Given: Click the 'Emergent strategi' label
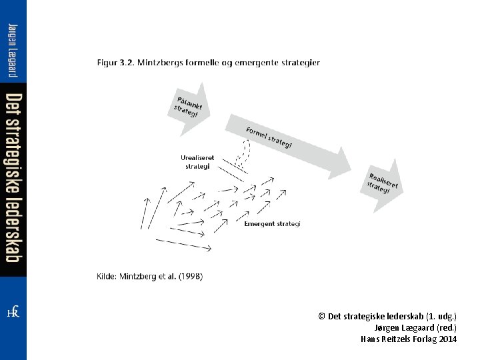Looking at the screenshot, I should point(272,224).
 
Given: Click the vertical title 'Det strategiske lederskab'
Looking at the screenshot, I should point(13,177).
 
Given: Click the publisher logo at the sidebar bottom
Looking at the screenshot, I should point(13,312).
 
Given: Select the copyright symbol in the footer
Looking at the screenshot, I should point(322,316).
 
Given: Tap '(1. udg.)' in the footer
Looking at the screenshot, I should point(441,316).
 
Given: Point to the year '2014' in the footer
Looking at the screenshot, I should point(448,339).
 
